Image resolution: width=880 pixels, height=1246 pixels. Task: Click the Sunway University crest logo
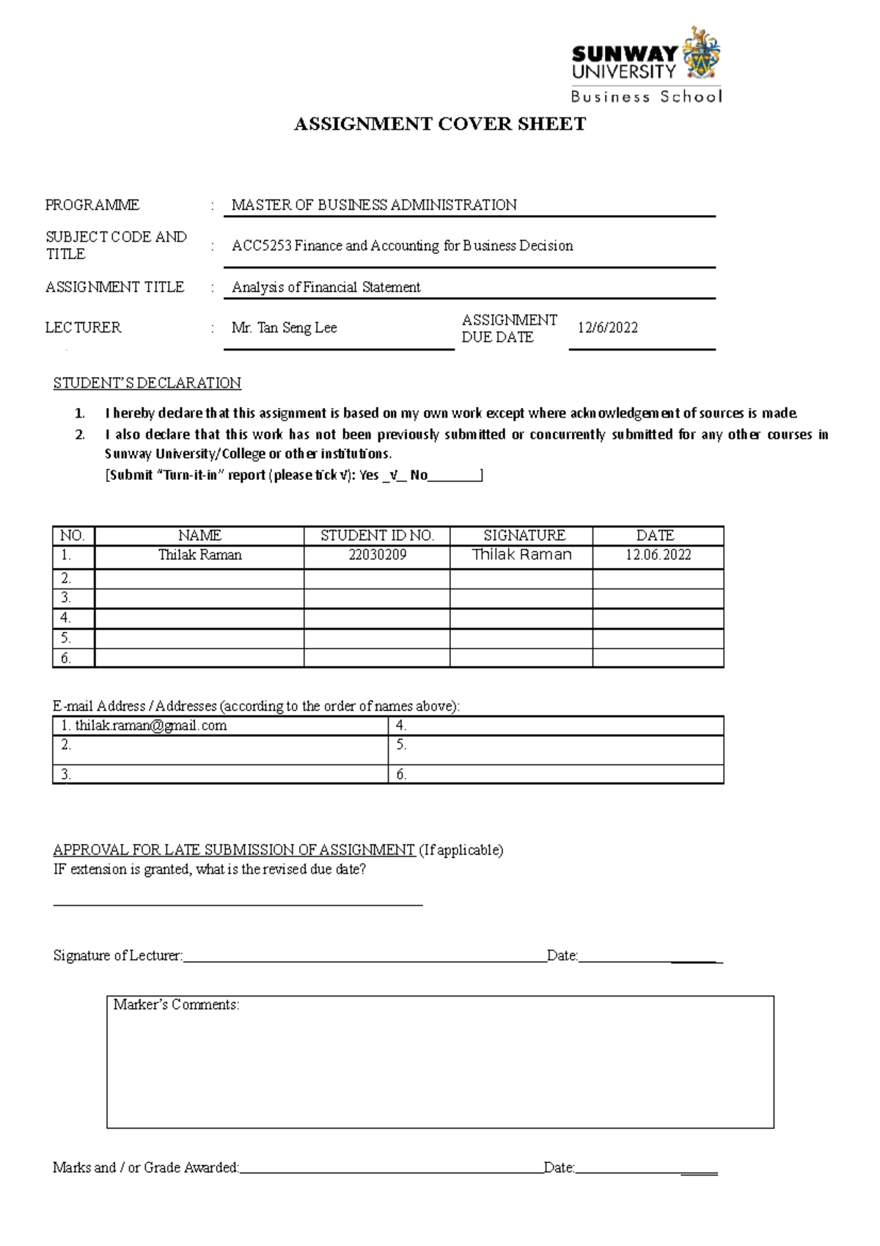coord(701,55)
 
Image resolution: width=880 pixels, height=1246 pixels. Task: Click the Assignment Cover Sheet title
coord(439,124)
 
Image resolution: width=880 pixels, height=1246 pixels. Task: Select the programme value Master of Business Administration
coord(374,205)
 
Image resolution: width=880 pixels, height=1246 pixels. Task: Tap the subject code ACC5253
coord(262,246)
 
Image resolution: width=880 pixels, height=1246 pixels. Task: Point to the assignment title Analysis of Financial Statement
coord(326,287)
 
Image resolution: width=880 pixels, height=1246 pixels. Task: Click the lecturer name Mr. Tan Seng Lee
coord(284,328)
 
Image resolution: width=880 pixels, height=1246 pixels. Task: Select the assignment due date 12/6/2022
coord(607,328)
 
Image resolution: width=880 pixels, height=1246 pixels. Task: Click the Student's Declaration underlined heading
coord(147,383)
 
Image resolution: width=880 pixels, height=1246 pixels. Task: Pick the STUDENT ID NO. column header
coord(377,536)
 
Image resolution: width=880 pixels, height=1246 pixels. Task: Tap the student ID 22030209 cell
coord(377,555)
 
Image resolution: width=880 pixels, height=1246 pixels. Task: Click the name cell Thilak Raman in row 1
coord(199,555)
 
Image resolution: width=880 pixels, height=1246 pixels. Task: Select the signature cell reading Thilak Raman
coord(521,555)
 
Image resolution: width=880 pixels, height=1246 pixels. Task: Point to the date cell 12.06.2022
coord(658,555)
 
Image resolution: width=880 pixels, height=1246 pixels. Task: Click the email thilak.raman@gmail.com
coord(150,726)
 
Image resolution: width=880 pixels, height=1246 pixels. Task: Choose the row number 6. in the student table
coord(66,658)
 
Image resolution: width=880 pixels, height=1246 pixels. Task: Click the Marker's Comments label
coord(176,1005)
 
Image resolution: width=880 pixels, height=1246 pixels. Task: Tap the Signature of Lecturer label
coord(117,955)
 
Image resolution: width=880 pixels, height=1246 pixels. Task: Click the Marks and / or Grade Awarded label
coord(146,1167)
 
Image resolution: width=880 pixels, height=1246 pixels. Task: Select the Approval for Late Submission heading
coord(234,850)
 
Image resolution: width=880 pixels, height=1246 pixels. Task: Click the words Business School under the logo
coord(646,97)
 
